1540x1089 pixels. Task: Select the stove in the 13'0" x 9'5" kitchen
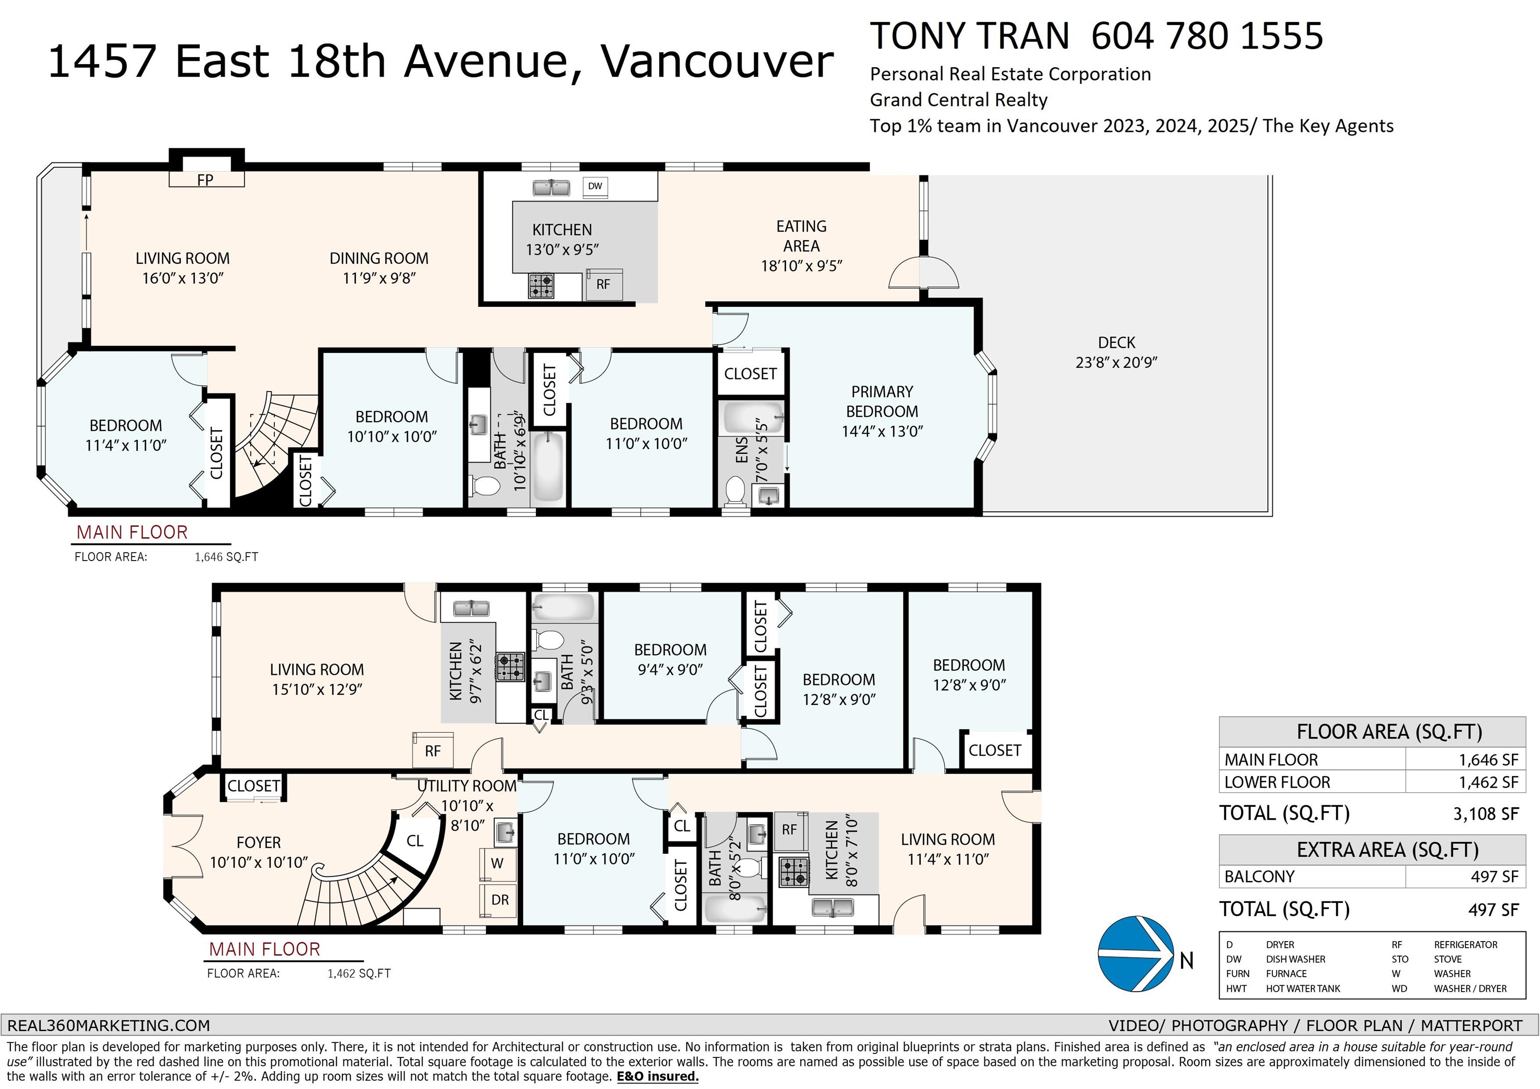point(540,285)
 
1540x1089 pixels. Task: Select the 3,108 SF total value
point(1486,814)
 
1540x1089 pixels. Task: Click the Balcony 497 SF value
point(1494,876)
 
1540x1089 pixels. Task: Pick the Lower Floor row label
point(1277,782)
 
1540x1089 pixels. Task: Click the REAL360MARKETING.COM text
point(109,1025)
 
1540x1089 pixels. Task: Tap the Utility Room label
point(467,786)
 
